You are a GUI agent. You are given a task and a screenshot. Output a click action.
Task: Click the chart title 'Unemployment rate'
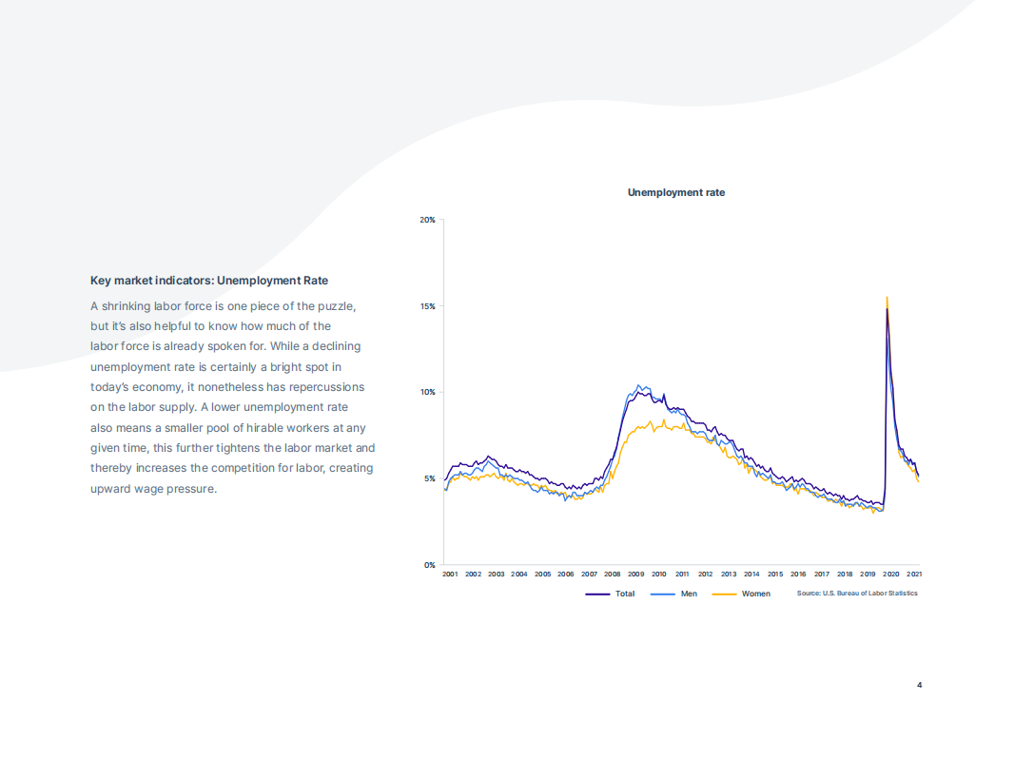pos(675,192)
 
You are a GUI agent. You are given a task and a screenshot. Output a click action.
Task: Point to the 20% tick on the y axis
pos(428,220)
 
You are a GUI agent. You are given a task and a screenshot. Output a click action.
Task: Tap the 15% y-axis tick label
pos(428,306)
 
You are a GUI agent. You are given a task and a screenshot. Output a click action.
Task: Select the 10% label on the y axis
pos(428,392)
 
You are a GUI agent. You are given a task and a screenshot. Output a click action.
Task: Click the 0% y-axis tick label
pos(430,565)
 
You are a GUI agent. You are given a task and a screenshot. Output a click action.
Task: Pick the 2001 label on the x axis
pos(450,575)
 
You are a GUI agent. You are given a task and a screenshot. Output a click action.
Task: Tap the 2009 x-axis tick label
pos(635,575)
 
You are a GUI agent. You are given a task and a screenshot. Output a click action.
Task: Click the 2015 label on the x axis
pos(775,575)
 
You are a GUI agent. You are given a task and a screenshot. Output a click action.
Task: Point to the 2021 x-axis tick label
pos(914,575)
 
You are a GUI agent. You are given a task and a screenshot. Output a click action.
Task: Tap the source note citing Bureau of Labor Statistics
pos(857,594)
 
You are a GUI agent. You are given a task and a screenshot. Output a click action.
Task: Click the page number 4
pos(919,685)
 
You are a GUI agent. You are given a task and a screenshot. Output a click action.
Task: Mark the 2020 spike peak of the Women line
pos(887,298)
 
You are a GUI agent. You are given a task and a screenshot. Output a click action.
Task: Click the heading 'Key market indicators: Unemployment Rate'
pos(209,281)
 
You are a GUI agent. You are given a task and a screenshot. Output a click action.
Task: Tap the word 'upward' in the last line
pos(110,489)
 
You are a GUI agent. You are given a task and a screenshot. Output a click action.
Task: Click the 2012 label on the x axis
pos(706,575)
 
